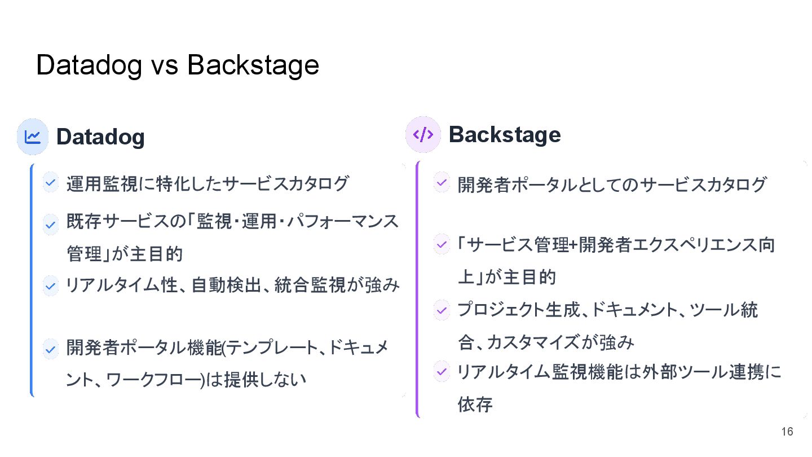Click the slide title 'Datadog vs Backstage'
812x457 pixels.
tap(178, 65)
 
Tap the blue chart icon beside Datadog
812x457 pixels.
tap(33, 136)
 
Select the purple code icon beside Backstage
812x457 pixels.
tap(423, 135)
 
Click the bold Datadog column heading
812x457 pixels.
tap(100, 137)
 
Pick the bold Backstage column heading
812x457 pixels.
tap(505, 135)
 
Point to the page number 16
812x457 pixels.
tap(787, 432)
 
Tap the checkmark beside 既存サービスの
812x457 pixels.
tap(51, 225)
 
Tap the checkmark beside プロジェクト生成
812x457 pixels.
tap(442, 309)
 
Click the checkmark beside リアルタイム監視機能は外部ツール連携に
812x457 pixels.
tap(442, 371)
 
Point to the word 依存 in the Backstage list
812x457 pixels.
tap(475, 405)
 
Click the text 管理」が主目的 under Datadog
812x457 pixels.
tap(125, 254)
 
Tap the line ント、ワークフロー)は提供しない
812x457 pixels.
tap(186, 380)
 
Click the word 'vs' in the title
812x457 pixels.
tap(165, 66)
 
